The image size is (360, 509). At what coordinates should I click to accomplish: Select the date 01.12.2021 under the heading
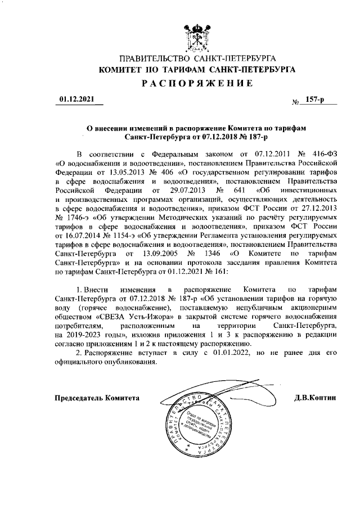[76, 100]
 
